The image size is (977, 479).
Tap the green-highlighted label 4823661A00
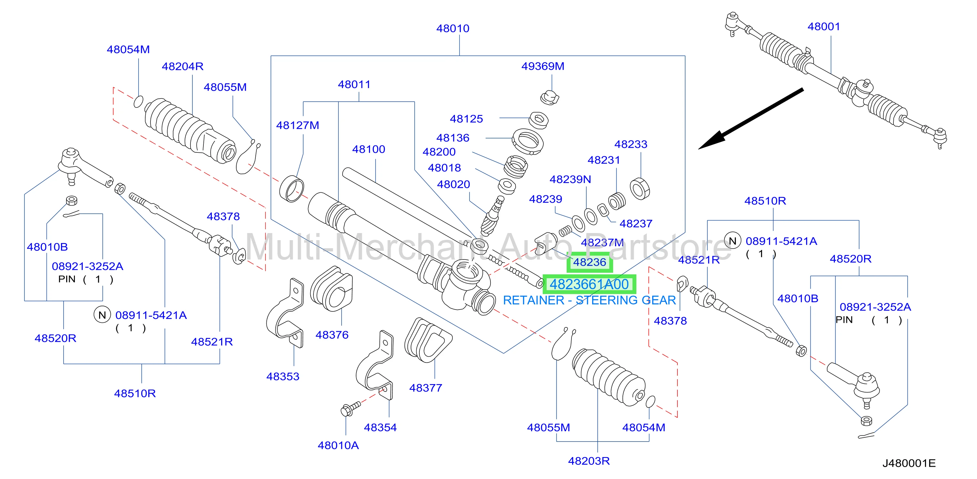(589, 284)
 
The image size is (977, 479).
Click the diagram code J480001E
(909, 463)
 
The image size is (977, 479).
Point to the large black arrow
(751, 119)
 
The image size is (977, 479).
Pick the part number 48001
(824, 26)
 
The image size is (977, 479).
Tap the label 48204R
(182, 66)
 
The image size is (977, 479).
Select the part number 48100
(369, 149)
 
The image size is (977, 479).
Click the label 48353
(283, 377)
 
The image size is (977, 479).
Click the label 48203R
(589, 461)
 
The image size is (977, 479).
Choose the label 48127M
(298, 125)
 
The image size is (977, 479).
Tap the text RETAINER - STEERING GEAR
(589, 301)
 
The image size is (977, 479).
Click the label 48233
(631, 144)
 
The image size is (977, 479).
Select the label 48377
(426, 388)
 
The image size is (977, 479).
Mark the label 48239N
(570, 179)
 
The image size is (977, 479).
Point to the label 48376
(332, 335)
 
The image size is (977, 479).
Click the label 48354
(380, 427)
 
